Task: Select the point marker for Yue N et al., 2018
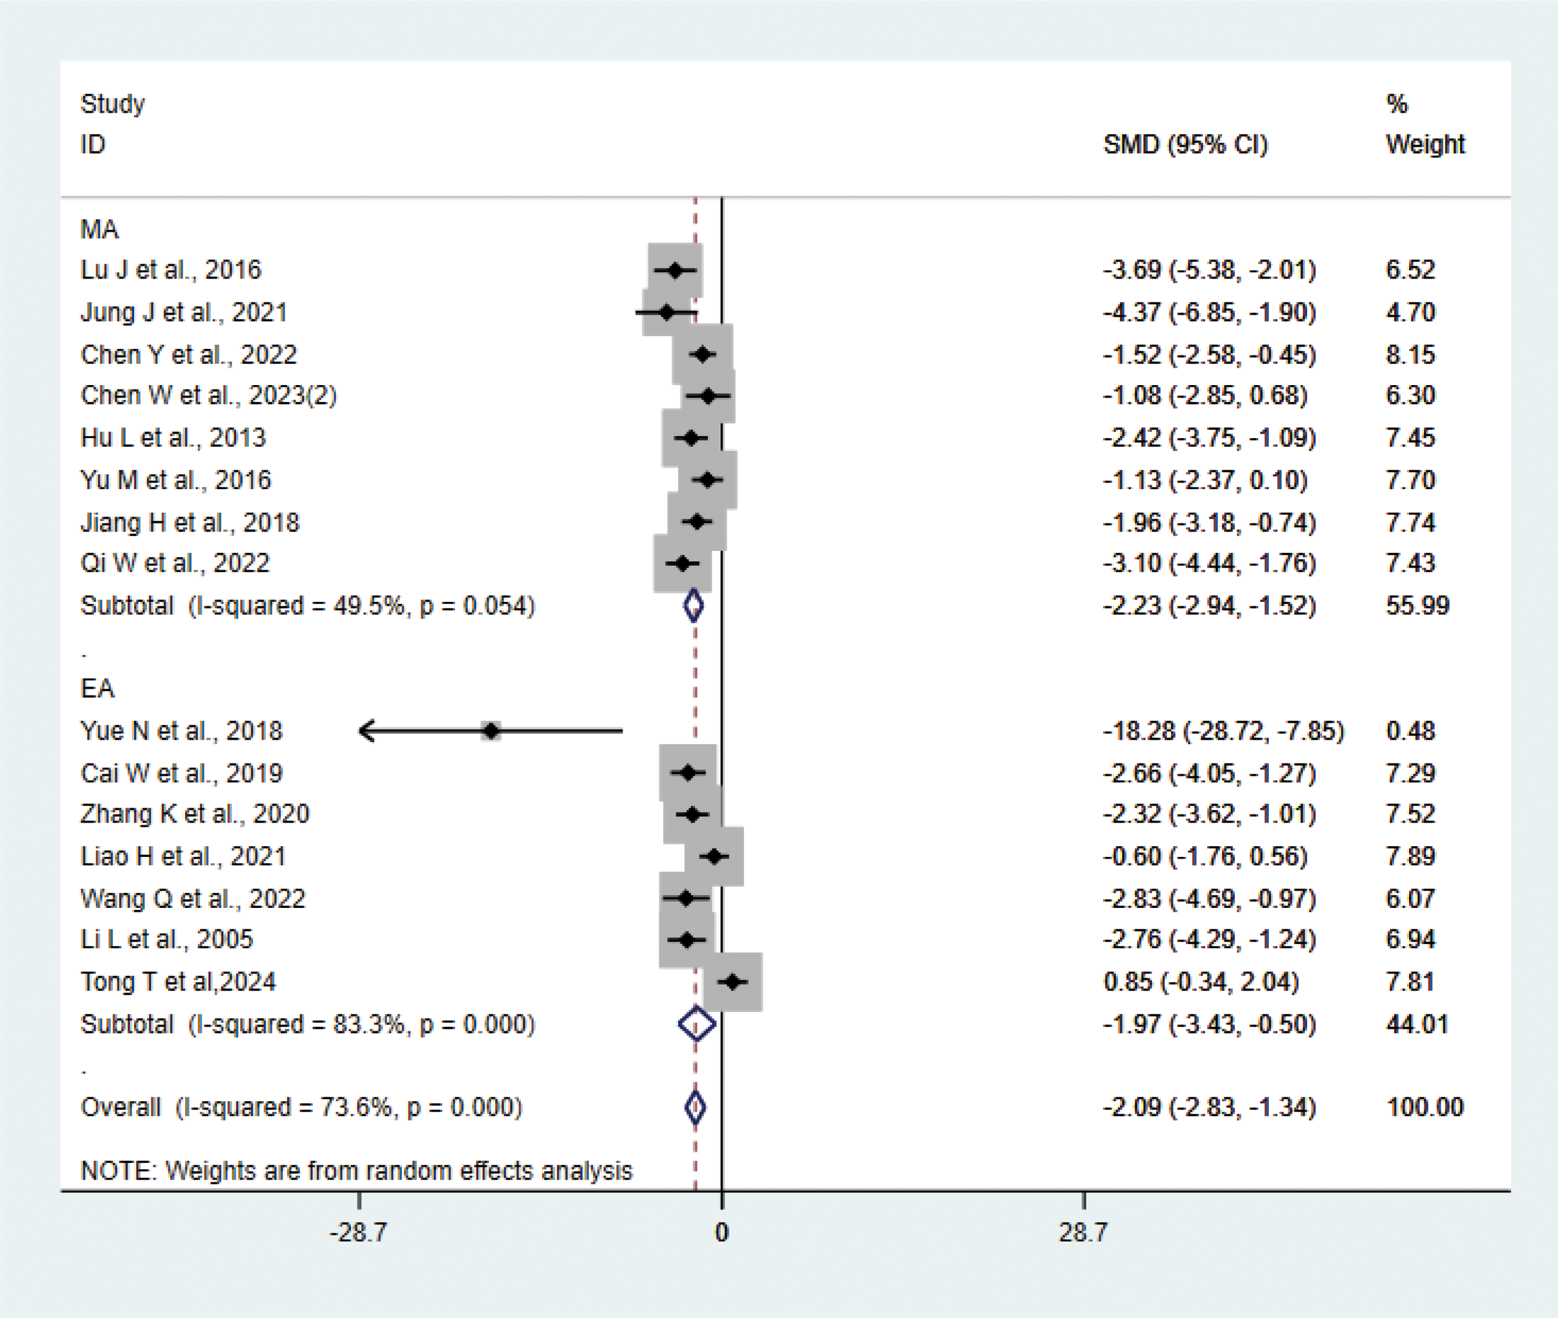coord(491,731)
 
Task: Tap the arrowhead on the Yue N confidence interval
coord(363,731)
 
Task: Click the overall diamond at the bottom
coord(695,1107)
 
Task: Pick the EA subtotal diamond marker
coord(697,1024)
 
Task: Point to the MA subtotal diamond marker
coord(694,605)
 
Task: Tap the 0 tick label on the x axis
coord(721,1232)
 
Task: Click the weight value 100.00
coord(1424,1107)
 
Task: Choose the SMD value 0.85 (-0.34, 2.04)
coord(1201,981)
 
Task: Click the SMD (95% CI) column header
coord(1185,144)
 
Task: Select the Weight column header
coord(1425,144)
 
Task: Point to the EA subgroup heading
coord(97,688)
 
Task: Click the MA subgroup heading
coord(99,229)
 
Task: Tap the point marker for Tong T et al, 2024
coord(733,981)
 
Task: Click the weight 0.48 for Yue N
coord(1410,731)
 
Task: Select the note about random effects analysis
coord(356,1171)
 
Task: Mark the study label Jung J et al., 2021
coord(184,312)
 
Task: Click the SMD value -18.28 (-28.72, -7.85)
coord(1223,731)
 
